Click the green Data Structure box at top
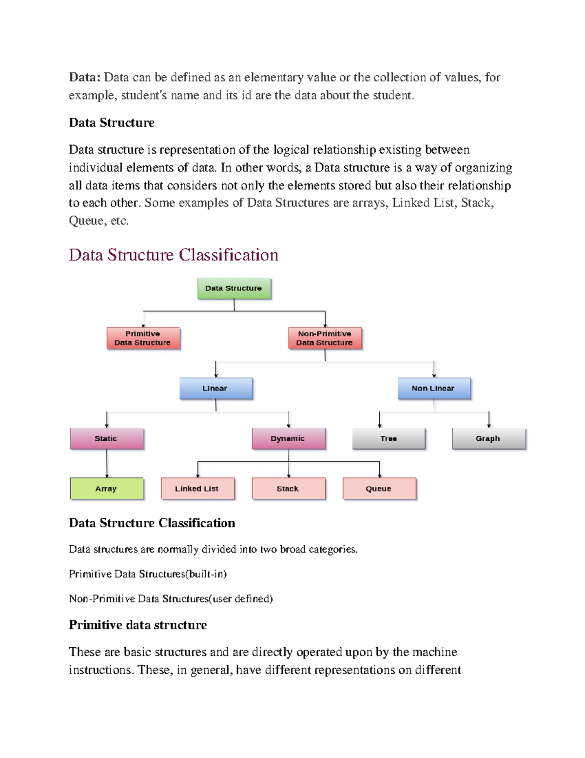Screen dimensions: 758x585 [x=234, y=288]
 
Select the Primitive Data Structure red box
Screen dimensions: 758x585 [x=143, y=338]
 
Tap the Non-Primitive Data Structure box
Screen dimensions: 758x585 [x=325, y=338]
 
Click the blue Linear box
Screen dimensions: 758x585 [x=216, y=389]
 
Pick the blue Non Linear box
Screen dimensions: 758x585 [x=434, y=389]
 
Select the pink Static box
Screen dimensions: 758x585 [x=107, y=438]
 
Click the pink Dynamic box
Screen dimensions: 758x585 [x=288, y=438]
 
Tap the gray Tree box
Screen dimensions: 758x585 [x=389, y=438]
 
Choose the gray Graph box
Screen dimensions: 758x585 [x=488, y=438]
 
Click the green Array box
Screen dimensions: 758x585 [x=107, y=489]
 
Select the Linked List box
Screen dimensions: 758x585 [x=197, y=489]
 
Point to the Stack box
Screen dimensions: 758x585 [x=288, y=489]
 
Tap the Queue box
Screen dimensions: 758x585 [x=379, y=489]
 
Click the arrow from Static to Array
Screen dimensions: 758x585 [x=107, y=464]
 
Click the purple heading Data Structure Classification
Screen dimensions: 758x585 [x=173, y=255]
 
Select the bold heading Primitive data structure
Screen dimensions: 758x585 [x=137, y=625]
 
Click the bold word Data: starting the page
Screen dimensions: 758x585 [x=84, y=77]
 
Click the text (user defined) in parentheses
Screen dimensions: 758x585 [x=241, y=599]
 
